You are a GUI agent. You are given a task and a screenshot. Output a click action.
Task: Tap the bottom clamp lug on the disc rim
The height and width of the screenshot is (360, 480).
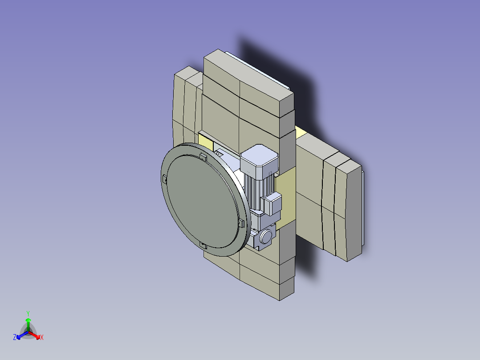pos(203,245)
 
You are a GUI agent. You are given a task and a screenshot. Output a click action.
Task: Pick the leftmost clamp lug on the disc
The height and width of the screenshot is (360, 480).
pos(164,179)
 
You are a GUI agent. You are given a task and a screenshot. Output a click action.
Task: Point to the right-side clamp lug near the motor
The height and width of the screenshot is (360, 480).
pos(241,223)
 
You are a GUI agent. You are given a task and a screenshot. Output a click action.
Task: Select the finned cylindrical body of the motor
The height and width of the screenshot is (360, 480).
pos(260,192)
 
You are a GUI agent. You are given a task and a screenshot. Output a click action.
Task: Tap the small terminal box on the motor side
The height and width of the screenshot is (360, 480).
pos(272,204)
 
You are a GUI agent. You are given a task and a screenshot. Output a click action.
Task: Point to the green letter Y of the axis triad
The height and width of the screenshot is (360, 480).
pos(28,313)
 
